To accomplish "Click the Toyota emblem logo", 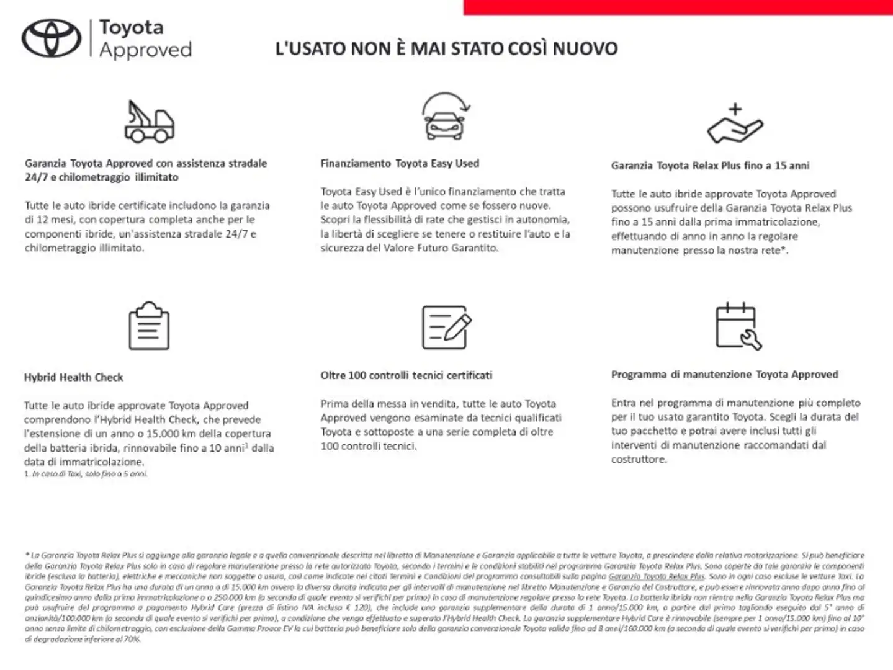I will tap(52, 38).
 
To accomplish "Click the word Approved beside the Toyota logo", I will tap(145, 50).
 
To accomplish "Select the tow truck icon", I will tap(149, 122).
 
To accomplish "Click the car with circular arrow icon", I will tap(445, 116).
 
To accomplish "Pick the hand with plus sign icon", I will tap(735, 123).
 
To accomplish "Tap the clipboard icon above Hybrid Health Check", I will tap(149, 326).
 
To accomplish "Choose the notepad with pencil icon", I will tap(446, 327).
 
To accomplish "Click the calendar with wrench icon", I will tap(738, 326).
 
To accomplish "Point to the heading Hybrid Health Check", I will tap(73, 377).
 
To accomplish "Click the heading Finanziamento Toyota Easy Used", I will tap(400, 164).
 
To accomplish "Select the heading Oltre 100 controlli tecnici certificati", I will tap(406, 375).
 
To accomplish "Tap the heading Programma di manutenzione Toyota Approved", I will tap(724, 375).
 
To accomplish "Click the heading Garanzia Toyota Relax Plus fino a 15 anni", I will tap(710, 166).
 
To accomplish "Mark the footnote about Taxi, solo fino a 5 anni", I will tap(86, 474).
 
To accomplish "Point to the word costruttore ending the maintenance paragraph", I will tap(638, 460).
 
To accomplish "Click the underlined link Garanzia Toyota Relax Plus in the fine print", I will tap(657, 576).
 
